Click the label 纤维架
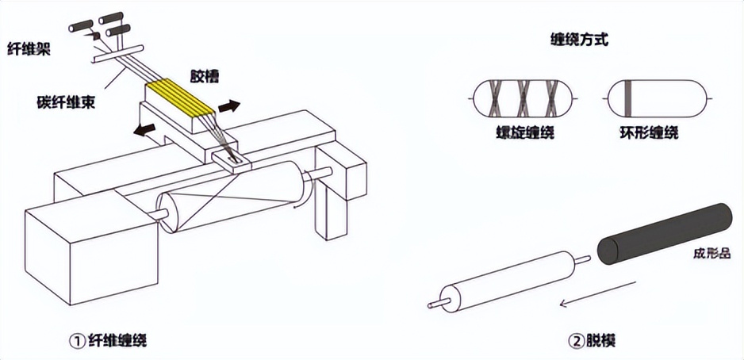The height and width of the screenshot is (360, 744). tap(29, 49)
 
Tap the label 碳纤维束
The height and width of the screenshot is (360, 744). tap(66, 102)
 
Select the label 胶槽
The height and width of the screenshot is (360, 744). tap(205, 75)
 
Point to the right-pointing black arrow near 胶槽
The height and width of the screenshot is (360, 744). tap(229, 105)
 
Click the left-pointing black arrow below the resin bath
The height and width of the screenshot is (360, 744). tap(144, 129)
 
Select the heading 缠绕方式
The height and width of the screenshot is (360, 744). tap(578, 40)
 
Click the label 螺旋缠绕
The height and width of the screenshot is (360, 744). tap(523, 132)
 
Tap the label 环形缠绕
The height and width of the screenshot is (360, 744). tap(649, 132)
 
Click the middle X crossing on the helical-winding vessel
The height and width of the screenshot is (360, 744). tap(526, 98)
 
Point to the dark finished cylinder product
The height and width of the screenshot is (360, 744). tap(665, 233)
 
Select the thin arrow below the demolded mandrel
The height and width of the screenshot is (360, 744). tap(598, 293)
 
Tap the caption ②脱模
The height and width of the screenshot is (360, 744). tap(591, 340)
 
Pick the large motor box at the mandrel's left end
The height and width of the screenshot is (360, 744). tap(90, 246)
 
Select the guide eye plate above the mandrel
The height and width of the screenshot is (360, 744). tap(231, 160)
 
